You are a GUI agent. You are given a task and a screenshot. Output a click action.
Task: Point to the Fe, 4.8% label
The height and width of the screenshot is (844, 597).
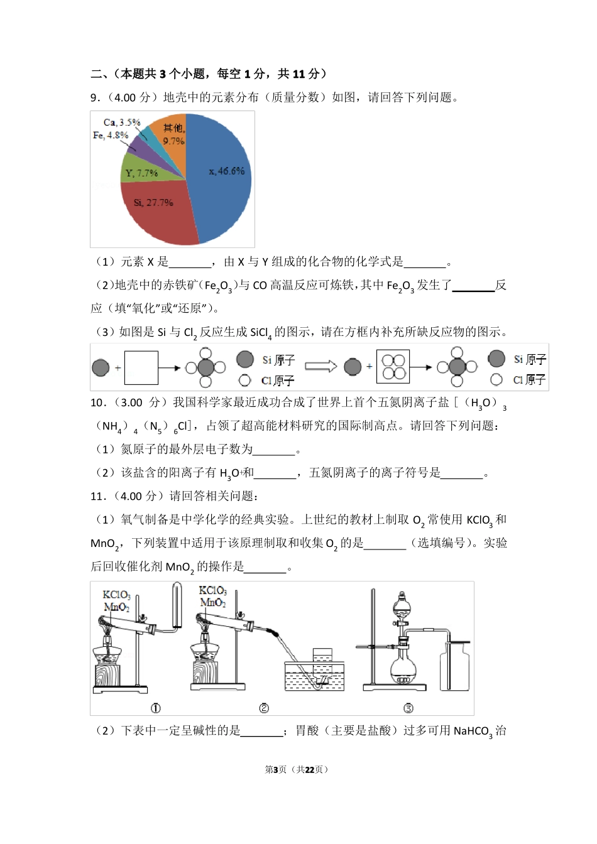tap(111, 135)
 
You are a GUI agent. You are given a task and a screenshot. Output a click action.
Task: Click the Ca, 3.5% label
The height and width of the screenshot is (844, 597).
tap(122, 122)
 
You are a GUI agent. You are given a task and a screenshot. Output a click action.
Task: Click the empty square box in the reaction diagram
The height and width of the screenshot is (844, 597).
tap(141, 367)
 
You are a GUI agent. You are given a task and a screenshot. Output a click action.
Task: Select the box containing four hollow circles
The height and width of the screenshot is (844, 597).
tap(393, 367)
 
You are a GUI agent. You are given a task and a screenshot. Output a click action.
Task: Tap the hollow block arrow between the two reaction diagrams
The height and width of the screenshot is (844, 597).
tap(321, 366)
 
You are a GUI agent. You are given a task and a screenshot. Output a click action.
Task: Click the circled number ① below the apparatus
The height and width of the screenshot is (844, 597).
tap(156, 708)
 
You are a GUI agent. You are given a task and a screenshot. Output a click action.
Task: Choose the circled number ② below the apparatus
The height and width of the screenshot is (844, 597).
tap(264, 708)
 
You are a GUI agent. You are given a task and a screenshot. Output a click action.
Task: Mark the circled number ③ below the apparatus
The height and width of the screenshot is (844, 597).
tap(408, 708)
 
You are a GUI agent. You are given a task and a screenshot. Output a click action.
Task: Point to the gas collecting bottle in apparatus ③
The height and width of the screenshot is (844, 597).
tap(455, 666)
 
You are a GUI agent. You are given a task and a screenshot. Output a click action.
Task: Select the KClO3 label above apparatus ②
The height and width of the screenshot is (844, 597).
tap(212, 591)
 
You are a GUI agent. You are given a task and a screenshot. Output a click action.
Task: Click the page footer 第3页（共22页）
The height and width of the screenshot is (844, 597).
tap(298, 769)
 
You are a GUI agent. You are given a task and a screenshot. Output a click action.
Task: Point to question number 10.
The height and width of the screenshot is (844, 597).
tap(97, 403)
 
